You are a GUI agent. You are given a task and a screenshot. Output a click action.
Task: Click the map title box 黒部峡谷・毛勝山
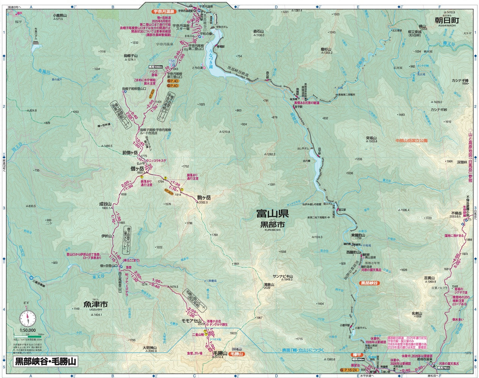tap(45, 361)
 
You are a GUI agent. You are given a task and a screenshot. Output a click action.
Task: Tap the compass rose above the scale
tap(28, 318)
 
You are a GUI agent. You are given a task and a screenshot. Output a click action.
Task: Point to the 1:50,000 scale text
tap(28, 330)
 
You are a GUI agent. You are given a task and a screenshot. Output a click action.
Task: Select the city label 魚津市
tap(96, 304)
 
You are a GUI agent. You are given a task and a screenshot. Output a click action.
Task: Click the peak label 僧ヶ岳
tap(137, 169)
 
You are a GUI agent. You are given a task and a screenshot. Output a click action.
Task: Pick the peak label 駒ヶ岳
tap(203, 197)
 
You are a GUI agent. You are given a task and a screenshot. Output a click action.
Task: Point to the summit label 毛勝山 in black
tap(220, 353)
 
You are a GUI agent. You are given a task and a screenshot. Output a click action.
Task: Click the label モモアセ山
tap(191, 321)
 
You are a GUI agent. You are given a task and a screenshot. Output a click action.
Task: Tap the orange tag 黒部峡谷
tap(370, 283)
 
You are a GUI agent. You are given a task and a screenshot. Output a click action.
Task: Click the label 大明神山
tap(147, 347)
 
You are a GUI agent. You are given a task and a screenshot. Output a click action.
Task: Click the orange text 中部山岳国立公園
tap(411, 140)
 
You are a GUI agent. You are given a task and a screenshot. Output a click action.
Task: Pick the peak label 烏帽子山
tap(130, 56)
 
